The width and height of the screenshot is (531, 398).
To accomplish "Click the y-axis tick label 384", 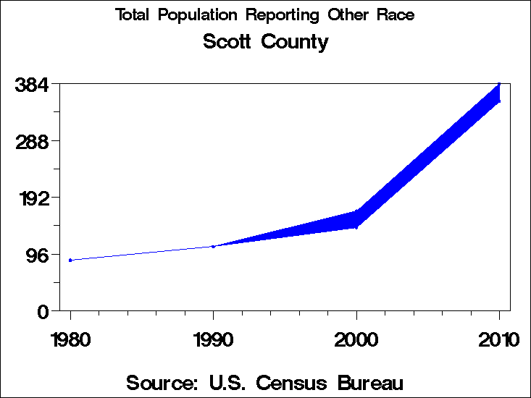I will (31, 85).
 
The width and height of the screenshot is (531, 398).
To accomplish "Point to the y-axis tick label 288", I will (31, 141).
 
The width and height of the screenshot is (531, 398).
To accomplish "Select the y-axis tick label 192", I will (31, 198).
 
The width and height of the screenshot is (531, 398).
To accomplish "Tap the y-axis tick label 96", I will (37, 255).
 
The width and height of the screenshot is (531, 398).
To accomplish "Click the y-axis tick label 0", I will (43, 311).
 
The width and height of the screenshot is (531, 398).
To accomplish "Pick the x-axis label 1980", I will (70, 339).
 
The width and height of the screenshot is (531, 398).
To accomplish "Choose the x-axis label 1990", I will (213, 339).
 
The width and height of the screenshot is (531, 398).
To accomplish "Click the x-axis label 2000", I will (356, 339).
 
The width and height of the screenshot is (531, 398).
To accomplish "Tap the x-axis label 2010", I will (499, 339).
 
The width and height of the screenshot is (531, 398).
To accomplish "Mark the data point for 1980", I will (70, 260).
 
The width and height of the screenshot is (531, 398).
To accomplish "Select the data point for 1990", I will (213, 246).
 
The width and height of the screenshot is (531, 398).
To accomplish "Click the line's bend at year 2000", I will (356, 219).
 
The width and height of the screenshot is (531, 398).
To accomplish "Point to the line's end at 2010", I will (499, 93).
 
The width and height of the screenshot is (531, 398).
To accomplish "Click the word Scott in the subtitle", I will (225, 42).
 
